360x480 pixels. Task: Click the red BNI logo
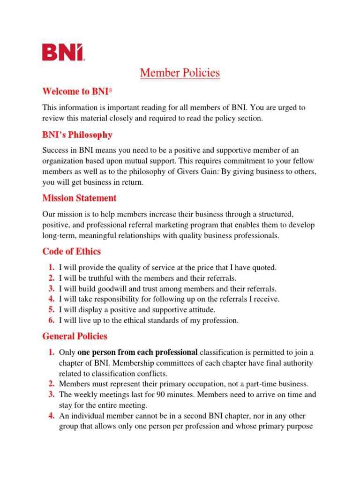point(63,52)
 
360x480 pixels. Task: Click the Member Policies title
point(180,73)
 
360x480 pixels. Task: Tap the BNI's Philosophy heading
point(77,135)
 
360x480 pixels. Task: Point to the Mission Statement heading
point(79,198)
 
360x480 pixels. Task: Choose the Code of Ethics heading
point(71,252)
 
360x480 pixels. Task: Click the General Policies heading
point(75,337)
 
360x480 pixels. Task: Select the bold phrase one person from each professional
point(137,352)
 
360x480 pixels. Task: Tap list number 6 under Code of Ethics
point(52,321)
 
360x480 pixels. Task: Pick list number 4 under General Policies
point(52,416)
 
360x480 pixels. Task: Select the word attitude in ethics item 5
point(199,310)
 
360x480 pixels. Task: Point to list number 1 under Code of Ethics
point(52,268)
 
